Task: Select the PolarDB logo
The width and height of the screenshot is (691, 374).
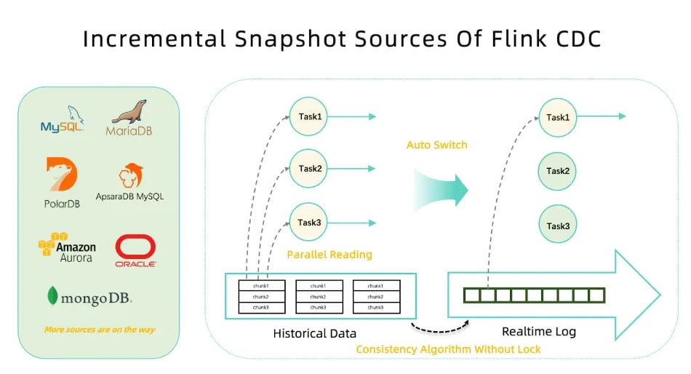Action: (x=62, y=183)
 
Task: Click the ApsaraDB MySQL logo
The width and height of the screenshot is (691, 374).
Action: (x=130, y=183)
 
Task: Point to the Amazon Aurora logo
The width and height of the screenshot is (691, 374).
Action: (x=66, y=247)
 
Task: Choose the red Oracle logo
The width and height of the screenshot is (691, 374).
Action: (x=136, y=252)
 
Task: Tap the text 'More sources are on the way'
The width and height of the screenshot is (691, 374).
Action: (x=100, y=330)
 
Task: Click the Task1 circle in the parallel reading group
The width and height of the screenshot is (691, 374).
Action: (x=310, y=116)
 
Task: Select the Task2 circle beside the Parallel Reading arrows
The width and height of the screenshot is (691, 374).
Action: (x=310, y=169)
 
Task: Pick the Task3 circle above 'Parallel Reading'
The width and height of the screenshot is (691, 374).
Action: (x=310, y=223)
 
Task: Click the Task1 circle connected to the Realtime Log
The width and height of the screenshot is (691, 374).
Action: (x=558, y=116)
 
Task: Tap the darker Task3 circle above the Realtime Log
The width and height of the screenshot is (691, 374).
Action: (x=558, y=226)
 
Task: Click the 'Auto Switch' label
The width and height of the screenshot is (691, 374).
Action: (x=436, y=145)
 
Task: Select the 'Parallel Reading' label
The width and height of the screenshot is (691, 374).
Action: (x=329, y=255)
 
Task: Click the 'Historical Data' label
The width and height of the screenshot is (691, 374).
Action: (x=315, y=333)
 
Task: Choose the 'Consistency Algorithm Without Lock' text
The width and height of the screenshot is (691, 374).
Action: (x=448, y=349)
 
